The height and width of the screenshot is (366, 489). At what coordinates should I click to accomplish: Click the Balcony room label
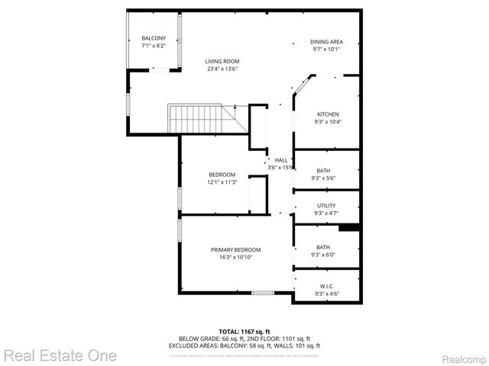[x=154, y=38]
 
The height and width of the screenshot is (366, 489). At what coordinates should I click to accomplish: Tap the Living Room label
[x=222, y=61]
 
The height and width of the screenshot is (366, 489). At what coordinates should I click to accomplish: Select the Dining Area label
[x=325, y=41]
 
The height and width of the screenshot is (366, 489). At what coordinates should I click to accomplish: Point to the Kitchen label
[x=328, y=114]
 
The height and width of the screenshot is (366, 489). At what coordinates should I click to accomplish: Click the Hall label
[x=281, y=160]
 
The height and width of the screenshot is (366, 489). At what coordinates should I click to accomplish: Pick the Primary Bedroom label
[x=236, y=249]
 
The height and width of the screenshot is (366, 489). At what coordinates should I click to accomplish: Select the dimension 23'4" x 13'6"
[x=222, y=69]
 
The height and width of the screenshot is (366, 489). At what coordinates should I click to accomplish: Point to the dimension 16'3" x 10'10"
[x=236, y=257]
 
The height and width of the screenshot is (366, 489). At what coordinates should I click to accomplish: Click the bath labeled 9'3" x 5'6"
[x=324, y=174]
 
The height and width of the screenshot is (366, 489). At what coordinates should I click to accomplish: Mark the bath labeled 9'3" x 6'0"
[x=324, y=251]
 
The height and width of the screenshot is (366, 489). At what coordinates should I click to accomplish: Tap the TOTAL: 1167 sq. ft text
[x=244, y=332]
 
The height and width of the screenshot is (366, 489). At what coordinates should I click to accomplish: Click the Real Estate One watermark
[x=60, y=355]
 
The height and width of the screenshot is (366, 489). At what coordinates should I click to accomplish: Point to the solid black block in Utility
[x=349, y=226]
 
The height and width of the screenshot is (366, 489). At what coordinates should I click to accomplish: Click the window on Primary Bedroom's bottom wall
[x=263, y=293]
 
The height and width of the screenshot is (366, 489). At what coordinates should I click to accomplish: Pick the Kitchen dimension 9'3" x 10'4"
[x=328, y=122]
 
